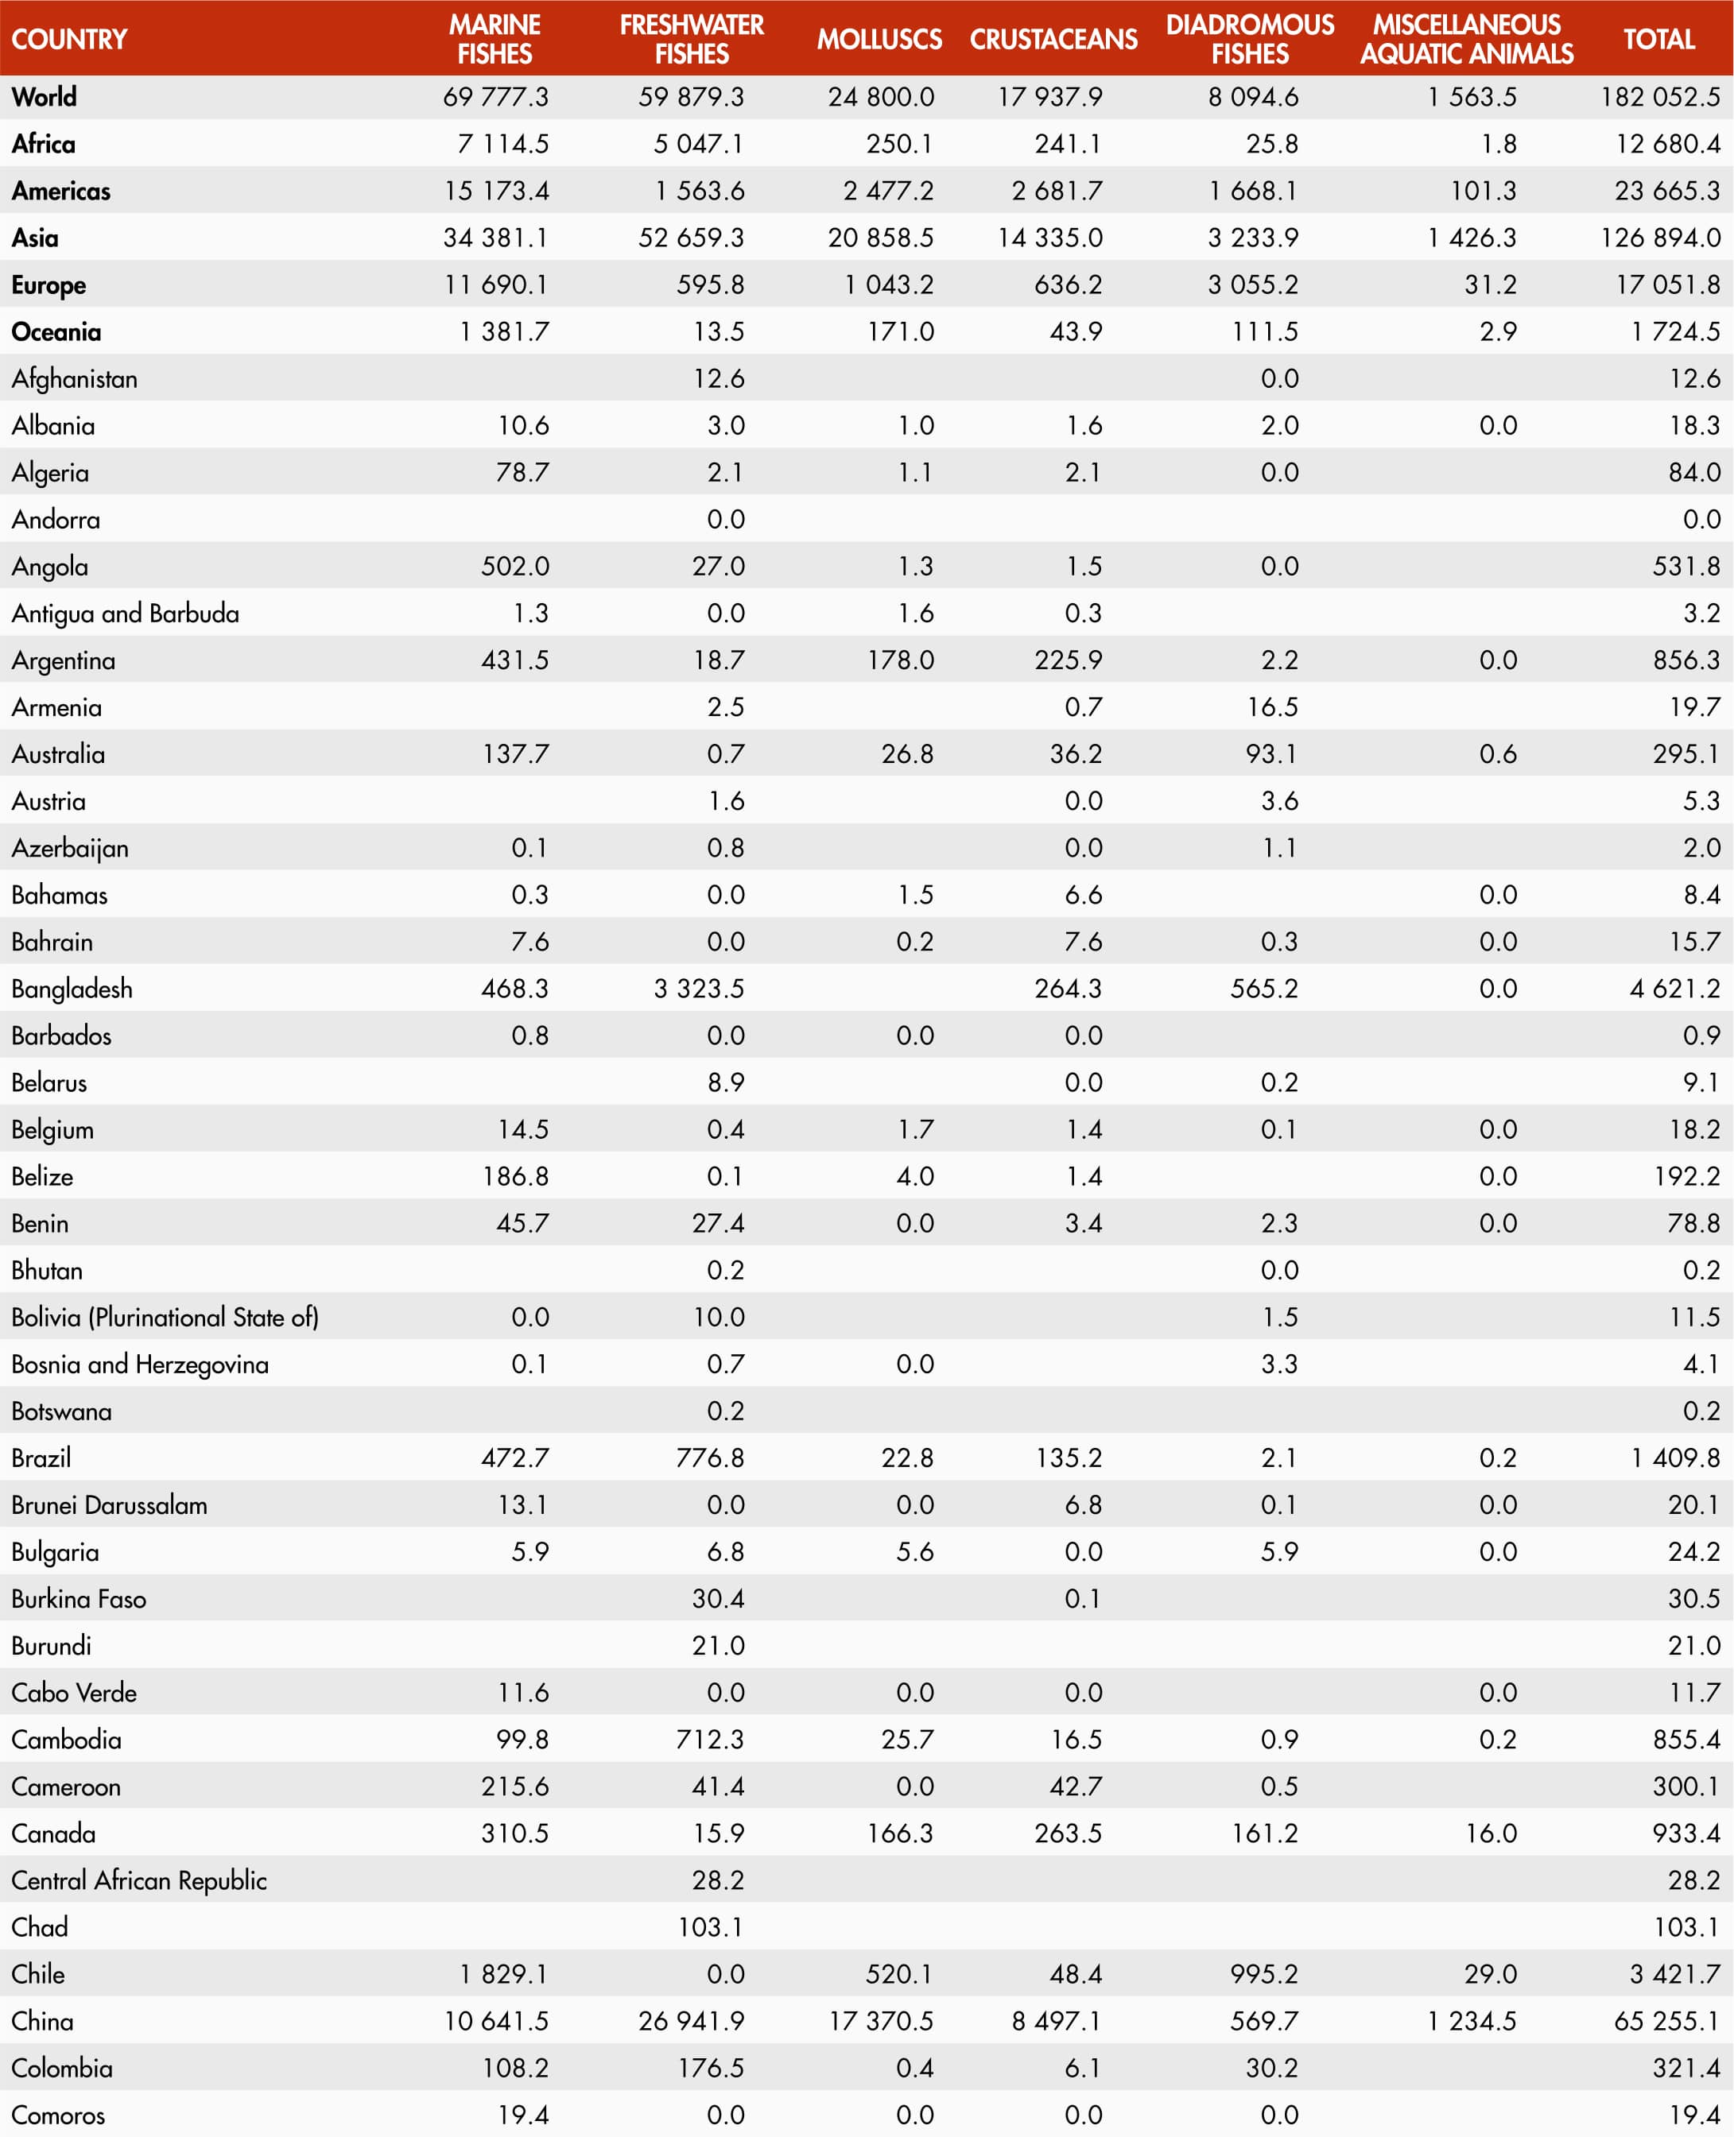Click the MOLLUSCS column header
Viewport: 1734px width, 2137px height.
pyautogui.click(x=879, y=39)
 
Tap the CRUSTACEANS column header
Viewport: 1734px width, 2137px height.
pyautogui.click(x=1053, y=39)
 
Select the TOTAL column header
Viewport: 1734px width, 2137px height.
pyautogui.click(x=1658, y=39)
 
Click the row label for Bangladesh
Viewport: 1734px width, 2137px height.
pyautogui.click(x=72, y=989)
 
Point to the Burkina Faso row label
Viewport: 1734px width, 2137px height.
pyautogui.click(x=79, y=1599)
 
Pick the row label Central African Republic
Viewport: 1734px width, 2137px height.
pyautogui.click(x=139, y=1880)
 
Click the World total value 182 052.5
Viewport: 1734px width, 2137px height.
pyautogui.click(x=1660, y=97)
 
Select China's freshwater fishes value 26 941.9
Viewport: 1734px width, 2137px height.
pyautogui.click(x=691, y=2021)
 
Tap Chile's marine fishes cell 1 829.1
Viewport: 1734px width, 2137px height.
pyautogui.click(x=503, y=1974)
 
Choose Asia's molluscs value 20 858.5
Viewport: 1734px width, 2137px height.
pyautogui.click(x=880, y=238)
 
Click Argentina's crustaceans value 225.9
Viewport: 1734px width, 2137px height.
pyautogui.click(x=1068, y=660)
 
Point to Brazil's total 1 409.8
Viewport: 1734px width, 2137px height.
pyautogui.click(x=1675, y=1458)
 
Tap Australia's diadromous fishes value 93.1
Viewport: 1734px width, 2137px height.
pyautogui.click(x=1270, y=754)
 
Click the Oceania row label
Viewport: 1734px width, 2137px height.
pyautogui.click(x=56, y=331)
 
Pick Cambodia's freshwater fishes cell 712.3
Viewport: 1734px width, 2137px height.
pyautogui.click(x=709, y=1740)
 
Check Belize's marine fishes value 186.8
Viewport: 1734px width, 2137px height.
pyautogui.click(x=515, y=1176)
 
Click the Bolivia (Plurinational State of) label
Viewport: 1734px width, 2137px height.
pyautogui.click(x=165, y=1317)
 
